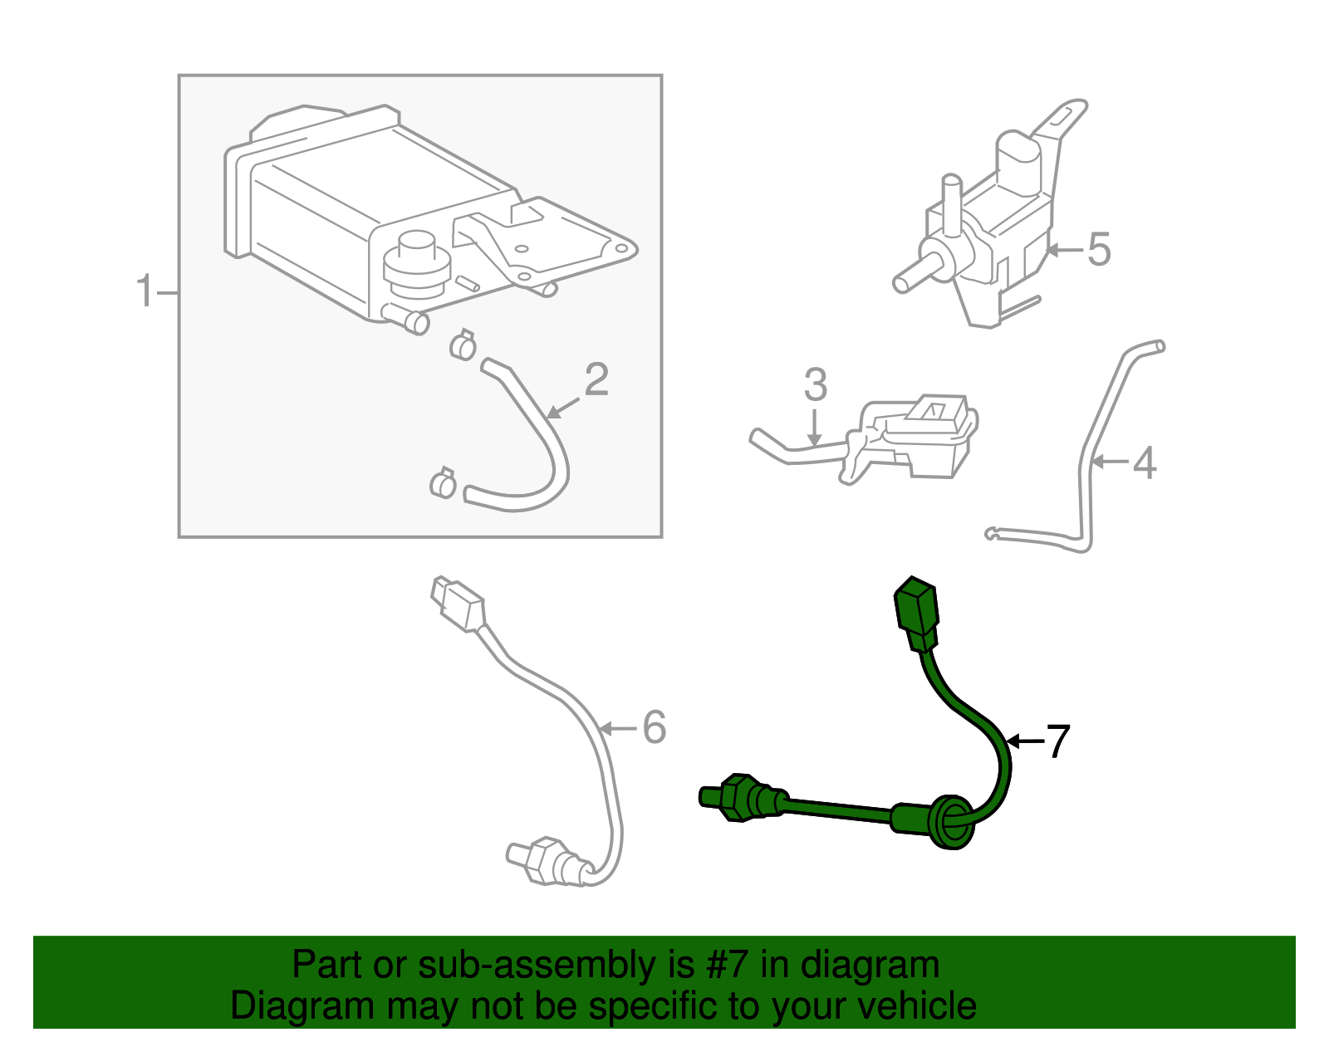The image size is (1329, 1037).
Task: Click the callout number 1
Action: [x=145, y=292]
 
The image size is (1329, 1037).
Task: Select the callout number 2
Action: [x=596, y=380]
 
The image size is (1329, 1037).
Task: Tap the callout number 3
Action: [x=815, y=385]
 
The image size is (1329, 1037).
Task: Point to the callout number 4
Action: [x=1144, y=463]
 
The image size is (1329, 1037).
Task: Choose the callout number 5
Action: [x=1098, y=250]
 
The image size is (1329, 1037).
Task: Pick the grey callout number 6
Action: [x=655, y=728]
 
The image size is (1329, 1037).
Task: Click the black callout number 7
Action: [x=1057, y=741]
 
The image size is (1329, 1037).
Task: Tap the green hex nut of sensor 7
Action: [x=736, y=798]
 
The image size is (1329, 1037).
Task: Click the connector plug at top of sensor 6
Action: [x=457, y=604]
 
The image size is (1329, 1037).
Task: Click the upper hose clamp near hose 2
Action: [x=463, y=345]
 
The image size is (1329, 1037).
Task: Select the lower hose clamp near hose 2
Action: [x=443, y=483]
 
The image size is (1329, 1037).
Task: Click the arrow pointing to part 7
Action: [x=1023, y=741]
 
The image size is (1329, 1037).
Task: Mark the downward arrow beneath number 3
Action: [x=814, y=428]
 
